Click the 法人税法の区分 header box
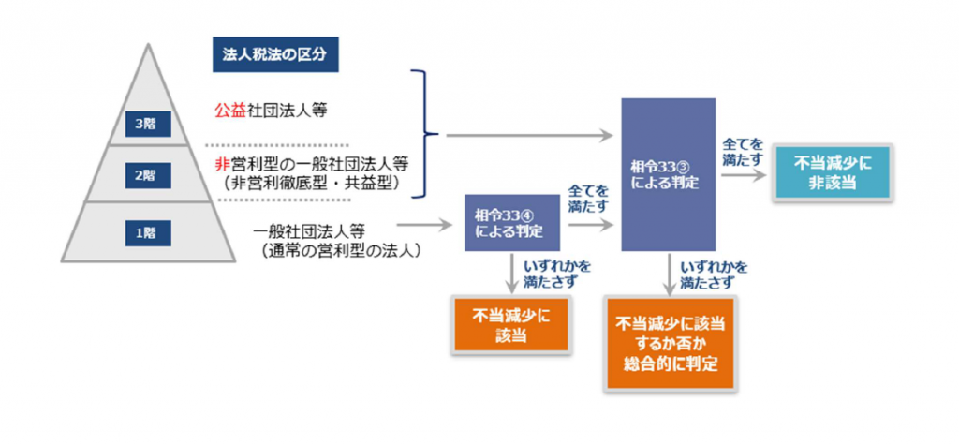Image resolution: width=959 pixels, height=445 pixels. (275, 55)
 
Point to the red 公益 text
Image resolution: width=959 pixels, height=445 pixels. (229, 111)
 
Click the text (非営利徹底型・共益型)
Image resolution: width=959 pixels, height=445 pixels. (312, 183)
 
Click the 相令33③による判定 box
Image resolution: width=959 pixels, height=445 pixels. (669, 174)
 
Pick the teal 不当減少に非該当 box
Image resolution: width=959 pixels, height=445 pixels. (832, 173)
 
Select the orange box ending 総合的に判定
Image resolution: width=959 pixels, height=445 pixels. (671, 343)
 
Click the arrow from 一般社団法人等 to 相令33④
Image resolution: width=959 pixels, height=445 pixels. (424, 225)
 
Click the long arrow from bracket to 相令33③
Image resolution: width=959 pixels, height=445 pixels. (530, 135)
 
